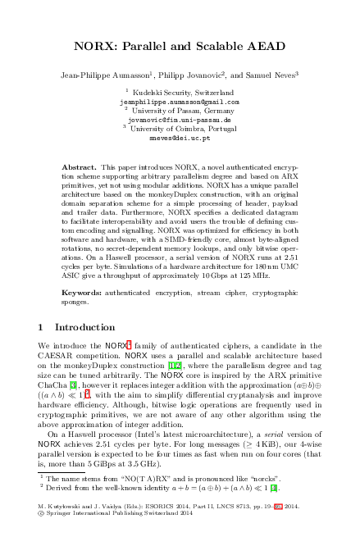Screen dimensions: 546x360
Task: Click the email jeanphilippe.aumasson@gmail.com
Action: point(180,102)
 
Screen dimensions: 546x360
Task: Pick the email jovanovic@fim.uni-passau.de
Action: point(180,120)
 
